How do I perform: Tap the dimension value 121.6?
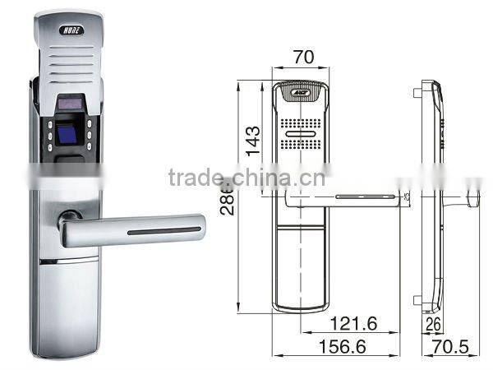[356, 324]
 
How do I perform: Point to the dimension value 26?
[434, 325]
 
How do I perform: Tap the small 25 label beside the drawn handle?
[407, 196]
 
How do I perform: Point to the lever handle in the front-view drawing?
[345, 197]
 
